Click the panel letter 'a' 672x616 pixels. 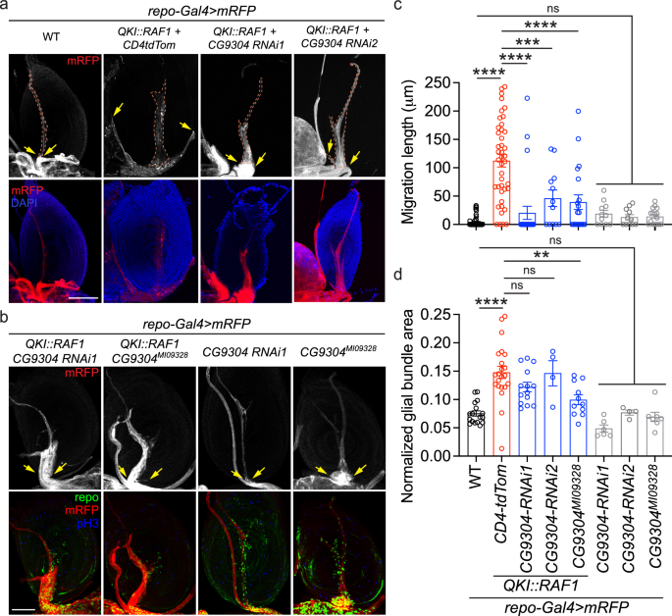coord(7,9)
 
